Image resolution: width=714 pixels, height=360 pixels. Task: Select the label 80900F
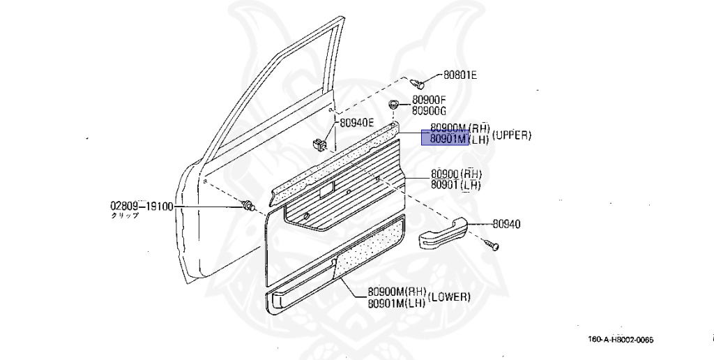(429, 100)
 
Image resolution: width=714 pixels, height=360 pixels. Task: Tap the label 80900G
(429, 110)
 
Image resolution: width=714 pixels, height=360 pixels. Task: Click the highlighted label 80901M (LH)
(446, 139)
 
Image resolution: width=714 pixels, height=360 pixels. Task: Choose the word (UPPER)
(512, 135)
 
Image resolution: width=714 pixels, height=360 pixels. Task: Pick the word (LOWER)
(449, 297)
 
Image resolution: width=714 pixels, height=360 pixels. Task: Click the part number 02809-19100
(142, 207)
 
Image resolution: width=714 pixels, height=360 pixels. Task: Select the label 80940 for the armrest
(506, 224)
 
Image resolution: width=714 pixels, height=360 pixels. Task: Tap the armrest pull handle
(442, 233)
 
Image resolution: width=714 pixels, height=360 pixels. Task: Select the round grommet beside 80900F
(395, 104)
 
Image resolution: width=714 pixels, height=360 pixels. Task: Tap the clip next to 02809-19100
(247, 204)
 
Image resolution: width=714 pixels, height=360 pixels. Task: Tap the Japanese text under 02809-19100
(126, 216)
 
